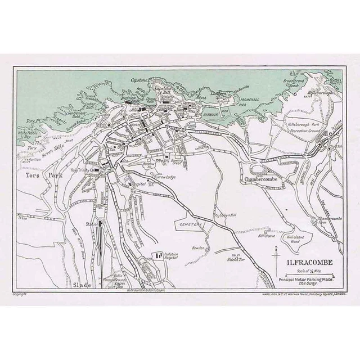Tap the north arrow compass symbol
[275, 260]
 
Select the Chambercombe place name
[263, 179]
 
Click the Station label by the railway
[91, 224]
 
